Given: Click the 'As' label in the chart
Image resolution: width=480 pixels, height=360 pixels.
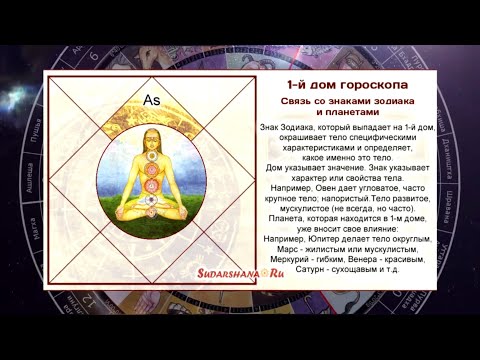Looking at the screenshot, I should tap(152, 100).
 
